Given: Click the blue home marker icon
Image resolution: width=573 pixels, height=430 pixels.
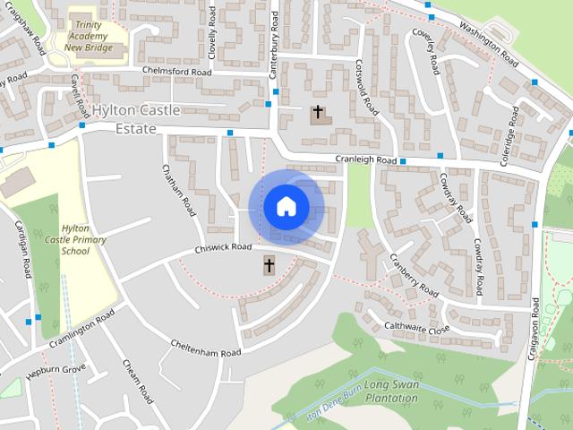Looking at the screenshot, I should [286, 206].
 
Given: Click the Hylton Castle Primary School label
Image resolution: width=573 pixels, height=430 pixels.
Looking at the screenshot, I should [83, 240].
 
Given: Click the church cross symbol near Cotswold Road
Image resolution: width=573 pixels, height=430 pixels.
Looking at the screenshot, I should [317, 114].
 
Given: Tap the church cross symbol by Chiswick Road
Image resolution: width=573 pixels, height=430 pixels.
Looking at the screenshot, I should [269, 265].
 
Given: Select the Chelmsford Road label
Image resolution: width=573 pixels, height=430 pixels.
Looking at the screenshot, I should [175, 72].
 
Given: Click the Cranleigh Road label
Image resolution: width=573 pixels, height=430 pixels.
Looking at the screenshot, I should [365, 159].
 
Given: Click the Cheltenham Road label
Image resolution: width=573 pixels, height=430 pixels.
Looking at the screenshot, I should [205, 348].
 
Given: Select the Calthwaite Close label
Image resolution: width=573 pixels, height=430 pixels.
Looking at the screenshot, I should [416, 328].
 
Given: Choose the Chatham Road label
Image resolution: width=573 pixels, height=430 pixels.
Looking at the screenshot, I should [179, 191].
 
